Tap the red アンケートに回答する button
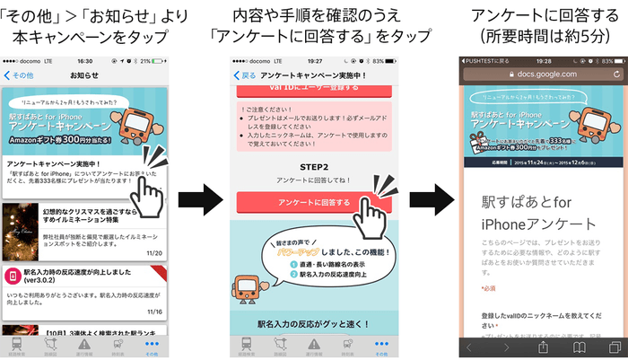[x=297, y=204]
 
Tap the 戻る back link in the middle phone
[x=244, y=76]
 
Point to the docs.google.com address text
[x=535, y=76]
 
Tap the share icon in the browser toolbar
[x=543, y=346]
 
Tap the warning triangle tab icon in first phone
[x=84, y=344]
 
